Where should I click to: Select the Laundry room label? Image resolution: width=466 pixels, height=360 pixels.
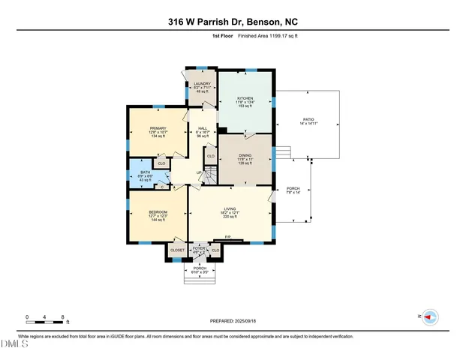tap(201, 83)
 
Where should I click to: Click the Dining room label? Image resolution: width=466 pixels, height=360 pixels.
tap(246, 155)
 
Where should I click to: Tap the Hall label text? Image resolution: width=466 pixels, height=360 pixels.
tap(202, 128)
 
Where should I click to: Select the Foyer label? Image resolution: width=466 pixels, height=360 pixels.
tap(199, 248)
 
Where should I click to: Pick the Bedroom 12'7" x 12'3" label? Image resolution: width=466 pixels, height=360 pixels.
tap(158, 212)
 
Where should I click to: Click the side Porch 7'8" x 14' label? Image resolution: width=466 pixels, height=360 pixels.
tap(293, 189)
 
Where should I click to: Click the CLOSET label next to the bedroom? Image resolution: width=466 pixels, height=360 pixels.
tap(177, 250)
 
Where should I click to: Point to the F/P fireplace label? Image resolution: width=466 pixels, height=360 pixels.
tap(227, 238)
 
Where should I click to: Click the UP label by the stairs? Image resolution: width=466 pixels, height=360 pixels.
tap(198, 172)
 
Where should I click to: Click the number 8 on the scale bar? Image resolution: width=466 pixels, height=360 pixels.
tap(63, 316)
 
